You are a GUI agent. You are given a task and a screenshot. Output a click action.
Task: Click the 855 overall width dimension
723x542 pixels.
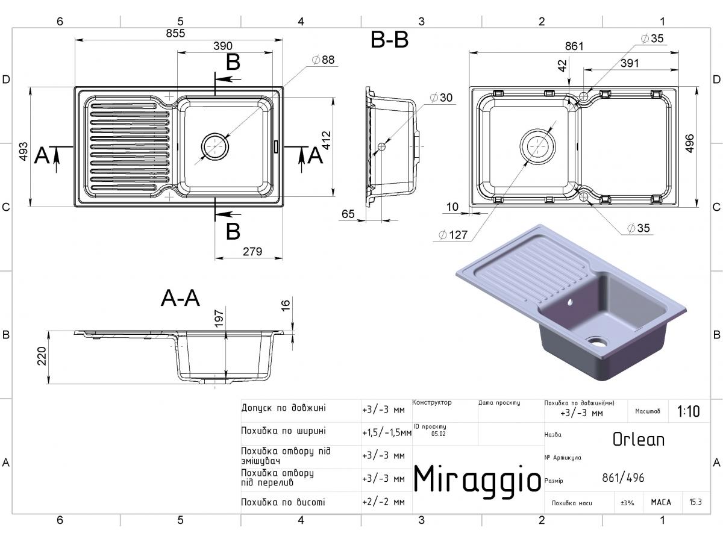pos(175,33)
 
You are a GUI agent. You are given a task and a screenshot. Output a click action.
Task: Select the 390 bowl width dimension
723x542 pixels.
pos(223,46)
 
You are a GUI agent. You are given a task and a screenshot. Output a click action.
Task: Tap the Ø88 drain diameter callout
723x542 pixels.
pos(323,60)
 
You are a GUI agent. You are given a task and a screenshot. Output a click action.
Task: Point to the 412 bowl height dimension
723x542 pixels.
pos(326,140)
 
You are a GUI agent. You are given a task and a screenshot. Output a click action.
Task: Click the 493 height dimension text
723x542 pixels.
pos(23,151)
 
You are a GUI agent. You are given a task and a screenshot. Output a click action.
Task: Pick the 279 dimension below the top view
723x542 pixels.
pos(252,251)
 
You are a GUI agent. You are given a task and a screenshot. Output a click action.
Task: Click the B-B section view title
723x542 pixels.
pos(389,40)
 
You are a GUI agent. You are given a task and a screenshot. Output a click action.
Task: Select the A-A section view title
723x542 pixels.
pos(180,298)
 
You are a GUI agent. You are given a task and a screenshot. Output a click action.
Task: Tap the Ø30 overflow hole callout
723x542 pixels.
pos(442,98)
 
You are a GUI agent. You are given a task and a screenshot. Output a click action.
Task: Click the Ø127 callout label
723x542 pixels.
pos(453,235)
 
